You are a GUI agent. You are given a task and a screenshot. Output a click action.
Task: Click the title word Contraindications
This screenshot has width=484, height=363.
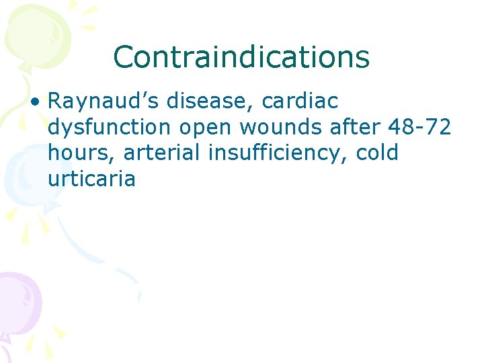coord(241,57)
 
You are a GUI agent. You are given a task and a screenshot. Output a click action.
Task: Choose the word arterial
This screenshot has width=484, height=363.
coord(163,153)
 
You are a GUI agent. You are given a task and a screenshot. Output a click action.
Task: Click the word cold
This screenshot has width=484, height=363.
coord(377,153)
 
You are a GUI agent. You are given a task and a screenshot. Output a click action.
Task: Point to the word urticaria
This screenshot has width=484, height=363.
coord(91,179)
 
